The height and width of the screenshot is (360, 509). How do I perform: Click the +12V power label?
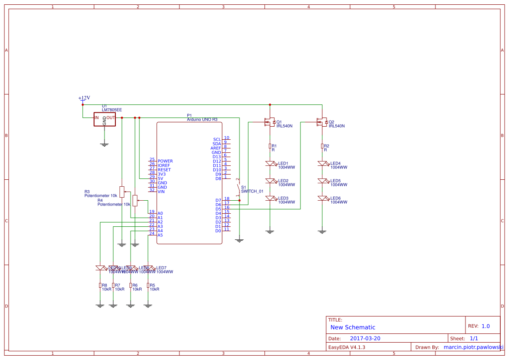[x=84, y=98]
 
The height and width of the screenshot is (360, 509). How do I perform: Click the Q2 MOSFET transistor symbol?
[x=322, y=122]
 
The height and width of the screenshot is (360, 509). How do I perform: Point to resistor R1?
[x=270, y=146]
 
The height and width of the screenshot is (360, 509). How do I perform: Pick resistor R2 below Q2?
[x=322, y=146]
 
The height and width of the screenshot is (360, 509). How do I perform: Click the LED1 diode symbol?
[x=270, y=164]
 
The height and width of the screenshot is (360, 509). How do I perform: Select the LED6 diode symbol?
[x=322, y=199]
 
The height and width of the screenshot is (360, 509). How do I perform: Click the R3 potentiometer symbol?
[x=122, y=190]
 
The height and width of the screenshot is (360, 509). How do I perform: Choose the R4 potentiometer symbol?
[x=135, y=200]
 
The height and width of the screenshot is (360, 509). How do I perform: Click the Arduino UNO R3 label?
[x=202, y=119]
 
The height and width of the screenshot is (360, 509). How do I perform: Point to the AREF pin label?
[x=216, y=148]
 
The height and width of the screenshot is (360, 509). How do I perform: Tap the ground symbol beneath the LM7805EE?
[x=104, y=144]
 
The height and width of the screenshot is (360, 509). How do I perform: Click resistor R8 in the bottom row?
[x=100, y=286]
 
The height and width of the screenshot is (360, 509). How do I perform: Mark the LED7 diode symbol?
[x=150, y=268]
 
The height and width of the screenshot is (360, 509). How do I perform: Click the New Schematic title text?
[x=352, y=327]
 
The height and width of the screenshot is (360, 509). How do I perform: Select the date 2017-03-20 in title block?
[x=365, y=338]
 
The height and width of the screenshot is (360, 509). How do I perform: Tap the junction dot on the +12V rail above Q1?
[x=270, y=105]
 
